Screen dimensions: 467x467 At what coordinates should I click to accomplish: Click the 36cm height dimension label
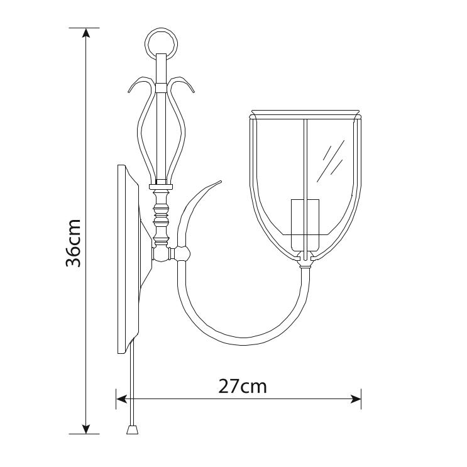pyautogui.click(x=74, y=243)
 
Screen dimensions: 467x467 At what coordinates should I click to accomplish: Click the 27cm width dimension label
pyautogui.click(x=243, y=386)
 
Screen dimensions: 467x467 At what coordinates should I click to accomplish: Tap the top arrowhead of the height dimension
pyautogui.click(x=86, y=33)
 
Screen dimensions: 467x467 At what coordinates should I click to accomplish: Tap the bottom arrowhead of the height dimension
pyautogui.click(x=86, y=429)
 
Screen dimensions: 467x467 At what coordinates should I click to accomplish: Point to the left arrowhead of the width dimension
pyautogui.click(x=121, y=398)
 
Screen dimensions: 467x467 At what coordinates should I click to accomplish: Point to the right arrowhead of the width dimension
pyautogui.click(x=356, y=398)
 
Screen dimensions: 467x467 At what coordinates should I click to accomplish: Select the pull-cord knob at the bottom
pyautogui.click(x=132, y=429)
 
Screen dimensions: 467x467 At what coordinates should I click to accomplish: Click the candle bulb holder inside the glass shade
pyautogui.click(x=305, y=225)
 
